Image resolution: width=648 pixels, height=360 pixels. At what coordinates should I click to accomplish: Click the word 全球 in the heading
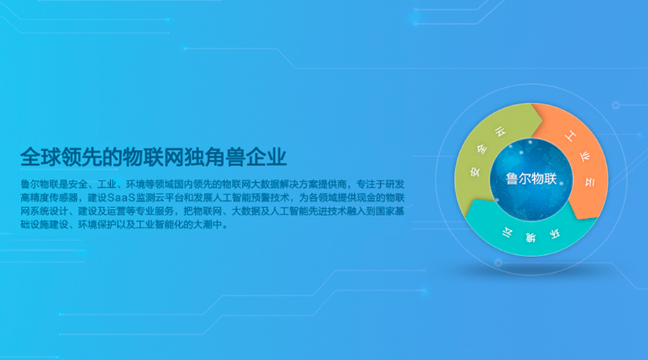click(x=40, y=157)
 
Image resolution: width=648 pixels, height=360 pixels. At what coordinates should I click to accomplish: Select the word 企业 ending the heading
click(x=266, y=157)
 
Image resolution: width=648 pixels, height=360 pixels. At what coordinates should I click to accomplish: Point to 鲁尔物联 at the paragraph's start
click(x=40, y=184)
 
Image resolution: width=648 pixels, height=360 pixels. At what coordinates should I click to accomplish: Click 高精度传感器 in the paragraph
click(x=49, y=198)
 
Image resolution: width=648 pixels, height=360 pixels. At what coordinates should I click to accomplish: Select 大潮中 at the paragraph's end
click(x=208, y=225)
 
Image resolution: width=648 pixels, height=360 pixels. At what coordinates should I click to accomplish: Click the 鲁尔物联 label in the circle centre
click(x=531, y=179)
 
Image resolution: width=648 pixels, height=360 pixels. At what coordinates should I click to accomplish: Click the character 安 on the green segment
click(x=475, y=171)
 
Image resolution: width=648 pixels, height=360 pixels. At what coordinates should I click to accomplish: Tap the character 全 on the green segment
click(x=482, y=149)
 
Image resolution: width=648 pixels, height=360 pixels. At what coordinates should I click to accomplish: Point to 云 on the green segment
click(x=500, y=132)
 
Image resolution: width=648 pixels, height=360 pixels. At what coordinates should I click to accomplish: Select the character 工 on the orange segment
click(x=570, y=136)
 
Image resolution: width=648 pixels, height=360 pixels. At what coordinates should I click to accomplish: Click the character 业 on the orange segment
click(x=585, y=157)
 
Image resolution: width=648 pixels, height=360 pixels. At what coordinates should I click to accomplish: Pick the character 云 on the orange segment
click(x=590, y=182)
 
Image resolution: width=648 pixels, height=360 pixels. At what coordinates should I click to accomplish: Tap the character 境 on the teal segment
click(x=531, y=238)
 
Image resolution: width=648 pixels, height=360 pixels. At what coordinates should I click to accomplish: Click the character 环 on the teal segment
click(x=555, y=234)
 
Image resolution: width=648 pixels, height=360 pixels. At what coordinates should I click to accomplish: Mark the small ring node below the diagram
click(x=498, y=263)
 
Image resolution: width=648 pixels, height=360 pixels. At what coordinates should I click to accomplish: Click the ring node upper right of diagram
click(x=616, y=105)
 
